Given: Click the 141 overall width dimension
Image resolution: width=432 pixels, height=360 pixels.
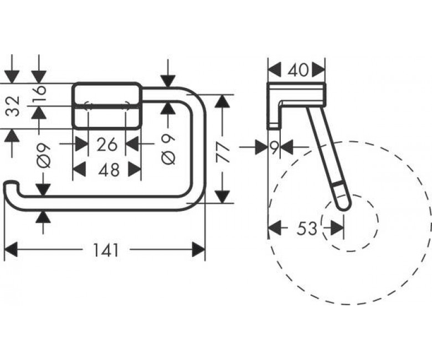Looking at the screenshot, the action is click(106, 250).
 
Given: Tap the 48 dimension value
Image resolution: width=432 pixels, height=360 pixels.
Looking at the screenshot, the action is click(109, 169).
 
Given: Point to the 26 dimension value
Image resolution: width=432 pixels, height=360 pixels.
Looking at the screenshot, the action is click(107, 145).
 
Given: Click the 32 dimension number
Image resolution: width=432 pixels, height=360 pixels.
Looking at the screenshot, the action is click(13, 105).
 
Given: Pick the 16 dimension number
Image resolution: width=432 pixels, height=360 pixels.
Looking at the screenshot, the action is click(39, 90).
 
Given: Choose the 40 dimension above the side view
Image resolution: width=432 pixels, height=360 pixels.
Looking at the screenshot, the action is click(298, 70).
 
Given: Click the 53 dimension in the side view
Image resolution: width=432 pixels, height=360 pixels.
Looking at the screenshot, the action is click(307, 228).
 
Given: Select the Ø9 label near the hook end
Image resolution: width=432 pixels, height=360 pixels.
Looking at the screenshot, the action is click(44, 156).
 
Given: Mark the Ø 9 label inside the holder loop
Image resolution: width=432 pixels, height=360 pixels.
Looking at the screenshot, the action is click(168, 150).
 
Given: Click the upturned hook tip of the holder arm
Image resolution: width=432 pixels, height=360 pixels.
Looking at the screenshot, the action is click(11, 184).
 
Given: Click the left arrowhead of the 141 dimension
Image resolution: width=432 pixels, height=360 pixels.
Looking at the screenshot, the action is click(11, 250).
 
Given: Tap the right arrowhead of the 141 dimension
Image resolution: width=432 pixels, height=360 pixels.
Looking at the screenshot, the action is click(199, 250).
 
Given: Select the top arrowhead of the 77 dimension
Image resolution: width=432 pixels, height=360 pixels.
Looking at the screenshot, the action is click(223, 101).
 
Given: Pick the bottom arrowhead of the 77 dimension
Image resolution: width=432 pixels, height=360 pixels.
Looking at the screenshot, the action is click(223, 197).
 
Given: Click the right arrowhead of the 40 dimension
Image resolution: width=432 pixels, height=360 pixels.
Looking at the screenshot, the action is click(318, 70).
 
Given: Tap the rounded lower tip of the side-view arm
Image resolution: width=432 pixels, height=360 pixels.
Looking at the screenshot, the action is click(343, 208).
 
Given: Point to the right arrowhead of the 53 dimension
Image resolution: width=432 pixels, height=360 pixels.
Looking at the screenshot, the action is click(337, 228).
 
